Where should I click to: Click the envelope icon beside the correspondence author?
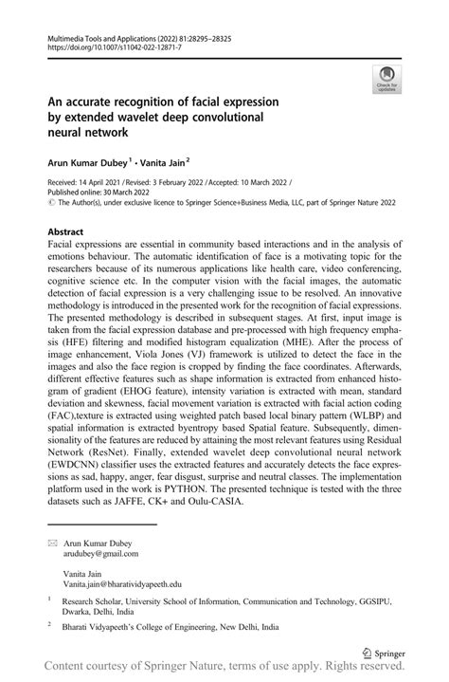point(52,542)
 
